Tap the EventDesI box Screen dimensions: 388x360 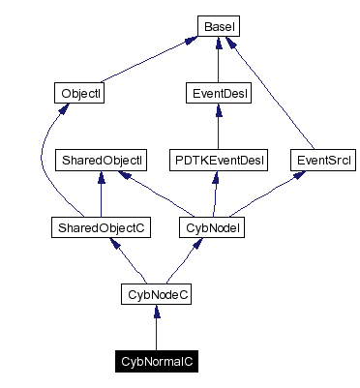click(x=218, y=94)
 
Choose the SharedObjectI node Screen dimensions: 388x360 click(x=102, y=158)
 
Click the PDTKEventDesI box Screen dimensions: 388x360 click(x=218, y=158)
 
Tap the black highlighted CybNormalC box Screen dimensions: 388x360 click(x=157, y=361)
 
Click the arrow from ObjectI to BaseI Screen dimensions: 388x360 click(x=145, y=59)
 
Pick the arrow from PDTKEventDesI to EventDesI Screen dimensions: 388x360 click(x=218, y=126)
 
